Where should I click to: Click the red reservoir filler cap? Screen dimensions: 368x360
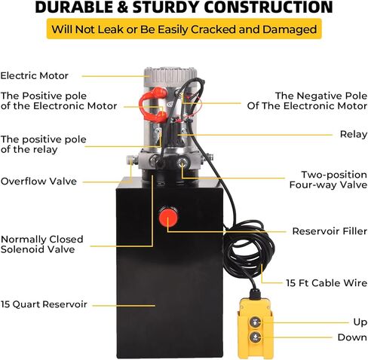coord(168,217)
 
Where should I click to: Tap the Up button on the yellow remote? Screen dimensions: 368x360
coord(255,322)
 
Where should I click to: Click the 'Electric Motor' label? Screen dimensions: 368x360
coord(35,75)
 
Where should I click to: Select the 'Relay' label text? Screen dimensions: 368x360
coord(354,134)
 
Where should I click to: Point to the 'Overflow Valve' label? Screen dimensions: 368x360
coord(38,181)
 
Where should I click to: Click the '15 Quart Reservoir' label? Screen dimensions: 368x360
coord(44,304)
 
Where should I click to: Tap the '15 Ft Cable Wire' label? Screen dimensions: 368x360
coord(327,283)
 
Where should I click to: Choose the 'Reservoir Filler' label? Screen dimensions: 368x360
coord(330,231)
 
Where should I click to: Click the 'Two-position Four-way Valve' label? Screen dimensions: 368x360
coord(328,179)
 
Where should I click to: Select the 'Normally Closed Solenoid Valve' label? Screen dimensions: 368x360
coord(41,244)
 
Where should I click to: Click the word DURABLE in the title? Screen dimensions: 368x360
coord(75,7)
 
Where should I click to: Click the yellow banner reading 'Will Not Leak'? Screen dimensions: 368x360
coord(184,29)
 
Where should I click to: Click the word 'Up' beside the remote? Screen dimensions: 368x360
coord(360,322)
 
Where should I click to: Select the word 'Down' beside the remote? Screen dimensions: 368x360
coord(352,337)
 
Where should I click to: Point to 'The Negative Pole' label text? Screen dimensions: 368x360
coord(321,96)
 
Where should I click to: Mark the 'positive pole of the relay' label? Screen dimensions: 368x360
coord(43,145)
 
